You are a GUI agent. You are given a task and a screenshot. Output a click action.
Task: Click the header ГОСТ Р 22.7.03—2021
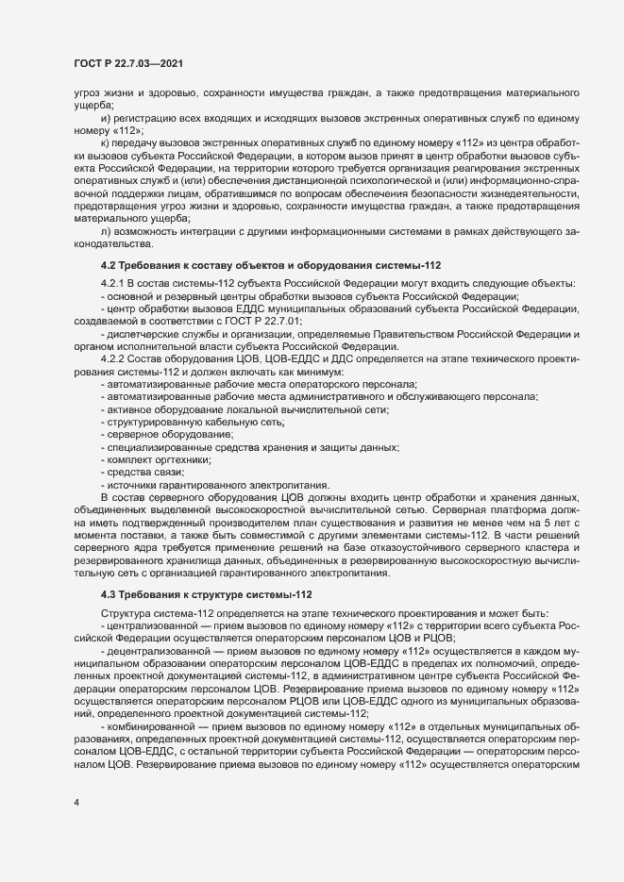[x=127, y=63]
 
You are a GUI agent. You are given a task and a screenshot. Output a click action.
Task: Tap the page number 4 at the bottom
[x=76, y=805]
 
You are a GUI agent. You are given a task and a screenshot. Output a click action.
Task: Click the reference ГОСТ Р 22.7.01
[x=261, y=322]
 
